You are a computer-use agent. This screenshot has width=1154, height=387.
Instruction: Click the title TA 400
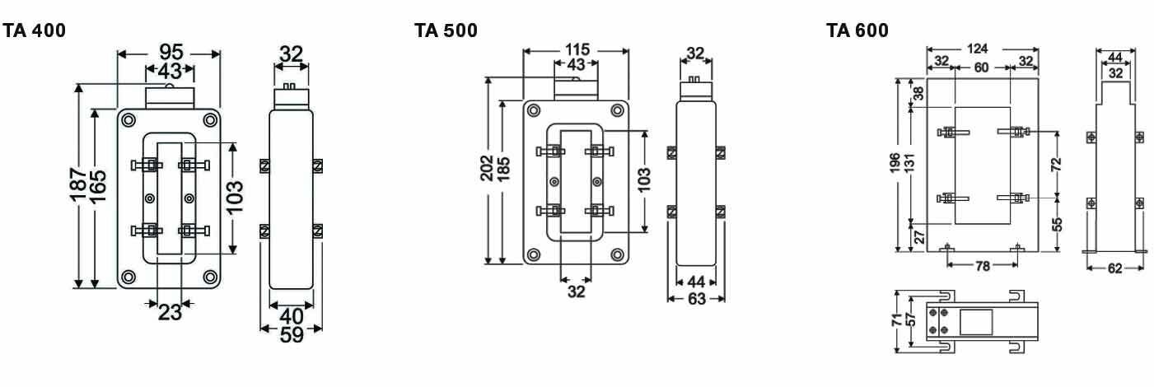point(35,31)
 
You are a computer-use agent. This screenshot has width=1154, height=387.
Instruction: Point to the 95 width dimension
point(169,55)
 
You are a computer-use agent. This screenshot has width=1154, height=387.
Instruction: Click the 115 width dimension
point(576,49)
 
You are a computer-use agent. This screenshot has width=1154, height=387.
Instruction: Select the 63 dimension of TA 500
point(696,298)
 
